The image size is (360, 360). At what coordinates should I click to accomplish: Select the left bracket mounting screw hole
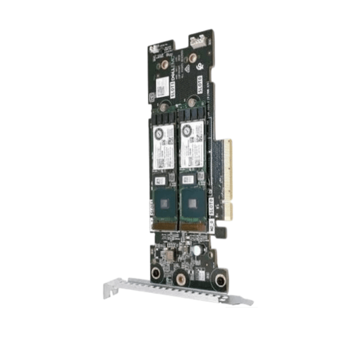(x=155, y=274)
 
